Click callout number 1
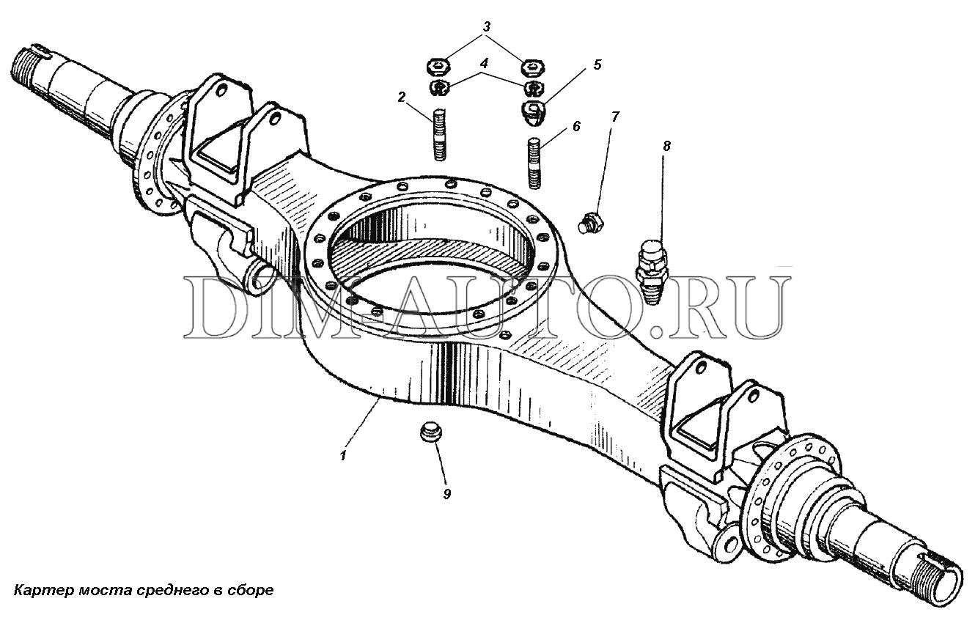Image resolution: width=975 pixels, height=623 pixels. click(x=344, y=455)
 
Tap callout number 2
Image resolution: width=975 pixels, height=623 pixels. click(x=401, y=97)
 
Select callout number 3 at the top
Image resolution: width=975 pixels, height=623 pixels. click(x=486, y=26)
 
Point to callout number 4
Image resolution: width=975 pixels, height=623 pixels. click(x=484, y=64)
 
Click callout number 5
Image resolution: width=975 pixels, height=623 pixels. click(x=597, y=64)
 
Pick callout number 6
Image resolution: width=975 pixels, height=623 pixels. click(x=576, y=127)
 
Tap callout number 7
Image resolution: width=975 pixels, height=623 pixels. click(x=615, y=117)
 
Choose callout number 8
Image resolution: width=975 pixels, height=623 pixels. click(x=666, y=146)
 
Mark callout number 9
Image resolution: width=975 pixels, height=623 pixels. click(x=446, y=494)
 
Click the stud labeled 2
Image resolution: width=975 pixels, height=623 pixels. click(x=440, y=135)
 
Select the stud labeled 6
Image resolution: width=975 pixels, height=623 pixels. click(x=534, y=163)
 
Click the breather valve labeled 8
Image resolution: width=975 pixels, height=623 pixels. click(x=651, y=271)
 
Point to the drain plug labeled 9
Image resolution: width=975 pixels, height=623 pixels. click(x=431, y=432)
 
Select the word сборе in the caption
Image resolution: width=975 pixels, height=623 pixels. click(x=251, y=591)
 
